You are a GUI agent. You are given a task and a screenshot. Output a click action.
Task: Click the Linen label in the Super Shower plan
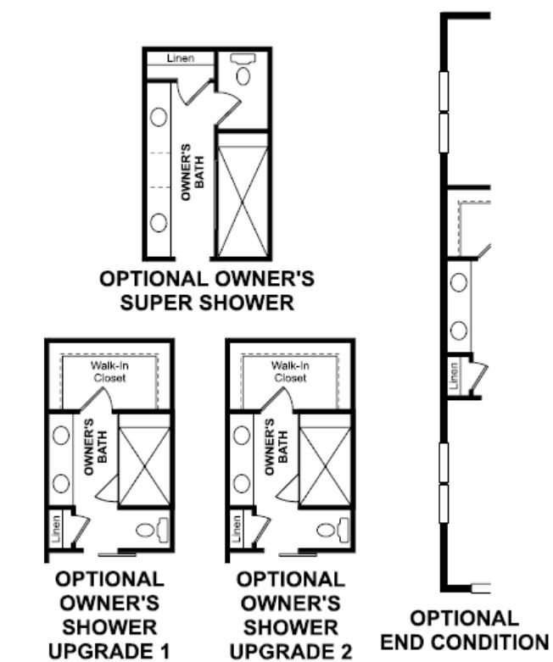tap(181, 58)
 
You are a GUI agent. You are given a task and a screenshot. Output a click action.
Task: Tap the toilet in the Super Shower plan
tap(243, 69)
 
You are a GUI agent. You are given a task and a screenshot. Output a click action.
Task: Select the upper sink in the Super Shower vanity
tap(159, 117)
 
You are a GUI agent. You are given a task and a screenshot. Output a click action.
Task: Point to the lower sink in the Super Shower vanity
tap(159, 222)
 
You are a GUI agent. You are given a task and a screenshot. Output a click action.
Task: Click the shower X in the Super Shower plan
tap(243, 202)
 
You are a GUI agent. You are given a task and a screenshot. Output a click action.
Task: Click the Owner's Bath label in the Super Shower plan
tap(193, 172)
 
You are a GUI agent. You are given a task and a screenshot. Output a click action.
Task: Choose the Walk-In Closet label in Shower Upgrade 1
tap(109, 371)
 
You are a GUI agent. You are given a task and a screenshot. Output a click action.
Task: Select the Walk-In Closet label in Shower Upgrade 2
tap(290, 371)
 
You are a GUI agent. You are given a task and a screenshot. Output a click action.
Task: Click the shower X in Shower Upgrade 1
tap(144, 466)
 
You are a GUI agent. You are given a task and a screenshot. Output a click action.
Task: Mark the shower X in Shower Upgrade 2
tap(326, 466)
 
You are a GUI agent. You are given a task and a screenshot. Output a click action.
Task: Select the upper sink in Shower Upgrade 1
tap(61, 436)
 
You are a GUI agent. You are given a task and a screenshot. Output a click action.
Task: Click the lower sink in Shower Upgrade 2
tap(242, 483)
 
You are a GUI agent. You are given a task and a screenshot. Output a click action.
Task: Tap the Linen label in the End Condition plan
tap(453, 376)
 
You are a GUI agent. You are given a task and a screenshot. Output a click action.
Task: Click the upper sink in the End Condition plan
tap(459, 282)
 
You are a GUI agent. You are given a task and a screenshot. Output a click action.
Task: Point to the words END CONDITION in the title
tap(464, 643)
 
